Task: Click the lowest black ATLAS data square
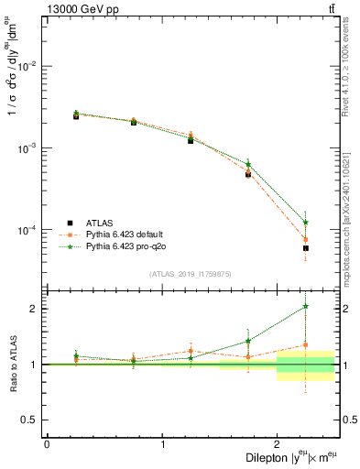pos(306,248)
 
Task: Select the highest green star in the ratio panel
pos(306,307)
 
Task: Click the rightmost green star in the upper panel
pos(306,223)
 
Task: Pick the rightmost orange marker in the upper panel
pos(306,240)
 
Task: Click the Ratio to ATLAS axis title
pos(12,364)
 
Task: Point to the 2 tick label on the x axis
pos(277,444)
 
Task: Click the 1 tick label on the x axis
pos(162,444)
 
